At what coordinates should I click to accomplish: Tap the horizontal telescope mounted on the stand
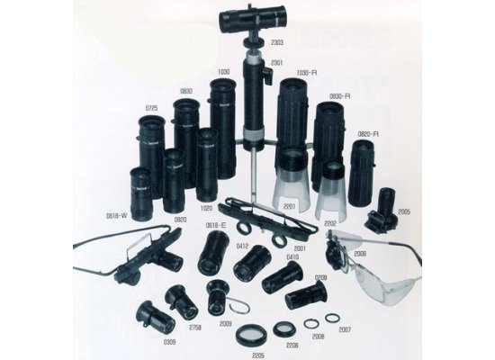click(x=253, y=17)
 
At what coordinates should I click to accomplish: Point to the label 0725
click(x=151, y=108)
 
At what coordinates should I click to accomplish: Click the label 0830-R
click(x=339, y=94)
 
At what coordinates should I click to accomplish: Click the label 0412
click(x=242, y=244)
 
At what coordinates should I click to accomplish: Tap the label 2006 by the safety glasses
click(x=360, y=255)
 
